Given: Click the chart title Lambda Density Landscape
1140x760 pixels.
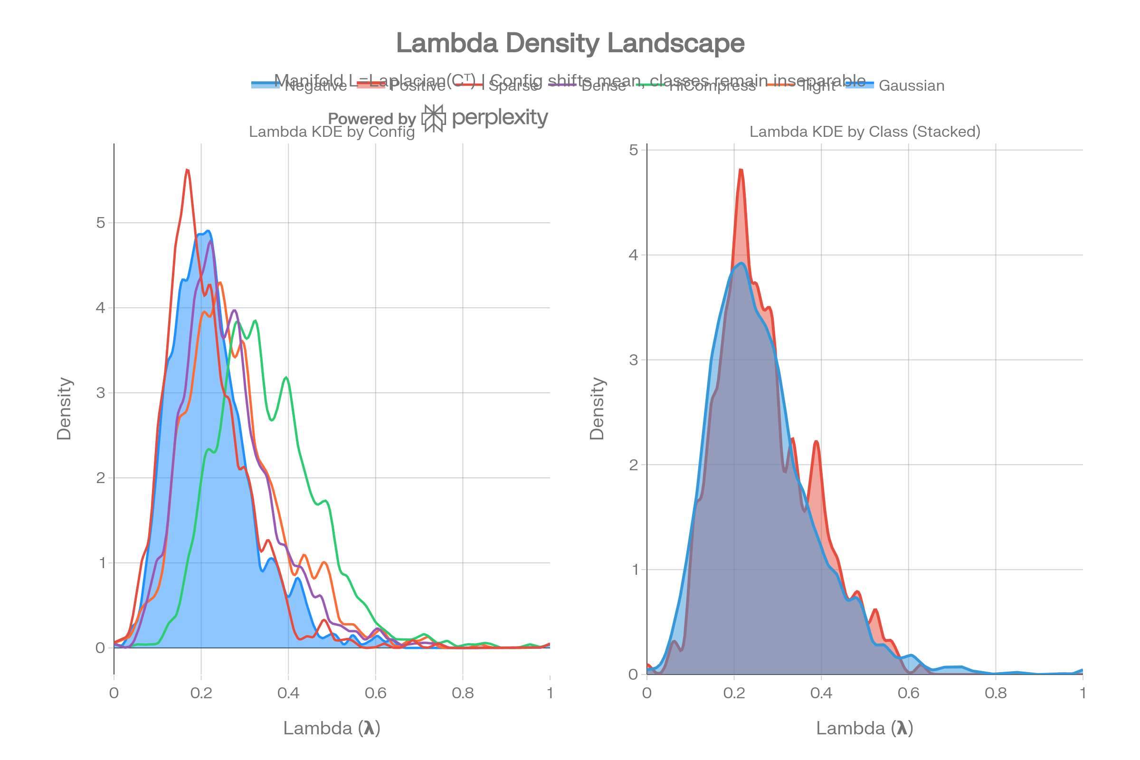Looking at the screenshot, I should point(570,44).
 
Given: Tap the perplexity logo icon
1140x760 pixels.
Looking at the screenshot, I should point(433,118).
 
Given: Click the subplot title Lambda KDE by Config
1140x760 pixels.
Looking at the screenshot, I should point(332,132).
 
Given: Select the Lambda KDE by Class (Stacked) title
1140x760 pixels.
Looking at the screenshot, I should point(864,132).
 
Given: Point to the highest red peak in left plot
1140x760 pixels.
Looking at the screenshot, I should point(187,170).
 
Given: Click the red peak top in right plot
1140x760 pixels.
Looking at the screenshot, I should point(741,170).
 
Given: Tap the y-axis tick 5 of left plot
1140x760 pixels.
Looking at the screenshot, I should point(101,223).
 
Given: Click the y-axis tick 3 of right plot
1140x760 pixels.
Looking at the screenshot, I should point(633,360).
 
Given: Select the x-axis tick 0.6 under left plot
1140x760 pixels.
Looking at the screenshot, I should point(375,693).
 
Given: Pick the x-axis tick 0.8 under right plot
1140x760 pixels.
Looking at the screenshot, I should point(996,693).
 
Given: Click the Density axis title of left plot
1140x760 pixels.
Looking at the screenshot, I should point(64,408).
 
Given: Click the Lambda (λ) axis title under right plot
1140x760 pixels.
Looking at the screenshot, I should point(864,728).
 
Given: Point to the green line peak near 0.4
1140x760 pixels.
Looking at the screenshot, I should point(286,377).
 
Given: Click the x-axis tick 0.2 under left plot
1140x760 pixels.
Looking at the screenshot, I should point(200,693).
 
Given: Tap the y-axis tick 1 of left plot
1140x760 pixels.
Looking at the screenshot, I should point(102,563).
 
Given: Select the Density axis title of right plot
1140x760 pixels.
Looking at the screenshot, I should point(597,408).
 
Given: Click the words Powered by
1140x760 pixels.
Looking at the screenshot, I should point(372,119).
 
